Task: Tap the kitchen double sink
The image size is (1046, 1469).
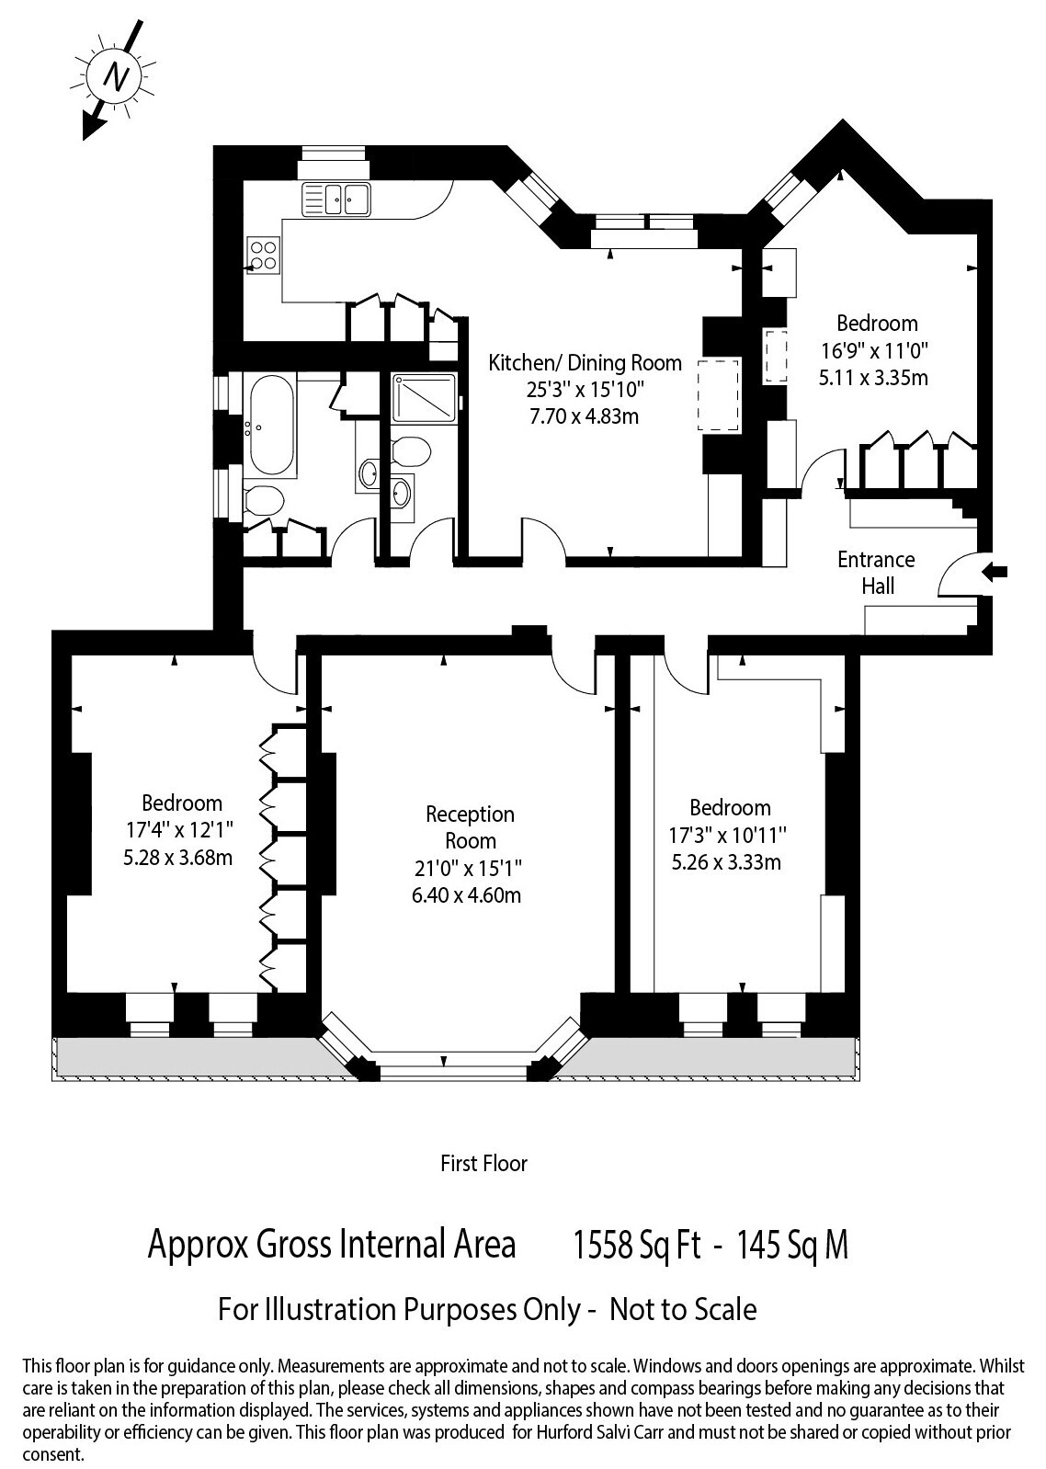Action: click(x=336, y=199)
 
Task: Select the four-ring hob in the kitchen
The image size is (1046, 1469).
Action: click(x=264, y=256)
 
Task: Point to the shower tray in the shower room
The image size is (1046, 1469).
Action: click(x=424, y=398)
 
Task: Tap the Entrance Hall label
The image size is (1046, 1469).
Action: click(x=876, y=573)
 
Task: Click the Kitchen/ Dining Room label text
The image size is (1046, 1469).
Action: click(x=585, y=363)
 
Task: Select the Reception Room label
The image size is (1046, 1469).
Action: click(x=471, y=827)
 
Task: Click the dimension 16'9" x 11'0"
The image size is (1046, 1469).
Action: click(x=874, y=351)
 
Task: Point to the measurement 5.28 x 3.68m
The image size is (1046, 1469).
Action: click(x=177, y=857)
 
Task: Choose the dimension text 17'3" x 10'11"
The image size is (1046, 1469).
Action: click(x=727, y=835)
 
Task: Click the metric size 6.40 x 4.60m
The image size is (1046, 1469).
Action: click(x=466, y=895)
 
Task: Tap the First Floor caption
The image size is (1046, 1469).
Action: click(x=484, y=1163)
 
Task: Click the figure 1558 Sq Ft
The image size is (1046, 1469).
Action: click(x=638, y=1244)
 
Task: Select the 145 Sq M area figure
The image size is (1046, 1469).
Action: click(x=793, y=1244)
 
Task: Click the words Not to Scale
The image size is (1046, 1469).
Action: click(x=683, y=1309)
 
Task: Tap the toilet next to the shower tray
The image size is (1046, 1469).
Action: click(x=411, y=451)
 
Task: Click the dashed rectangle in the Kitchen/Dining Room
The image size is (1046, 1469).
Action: click(x=720, y=394)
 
